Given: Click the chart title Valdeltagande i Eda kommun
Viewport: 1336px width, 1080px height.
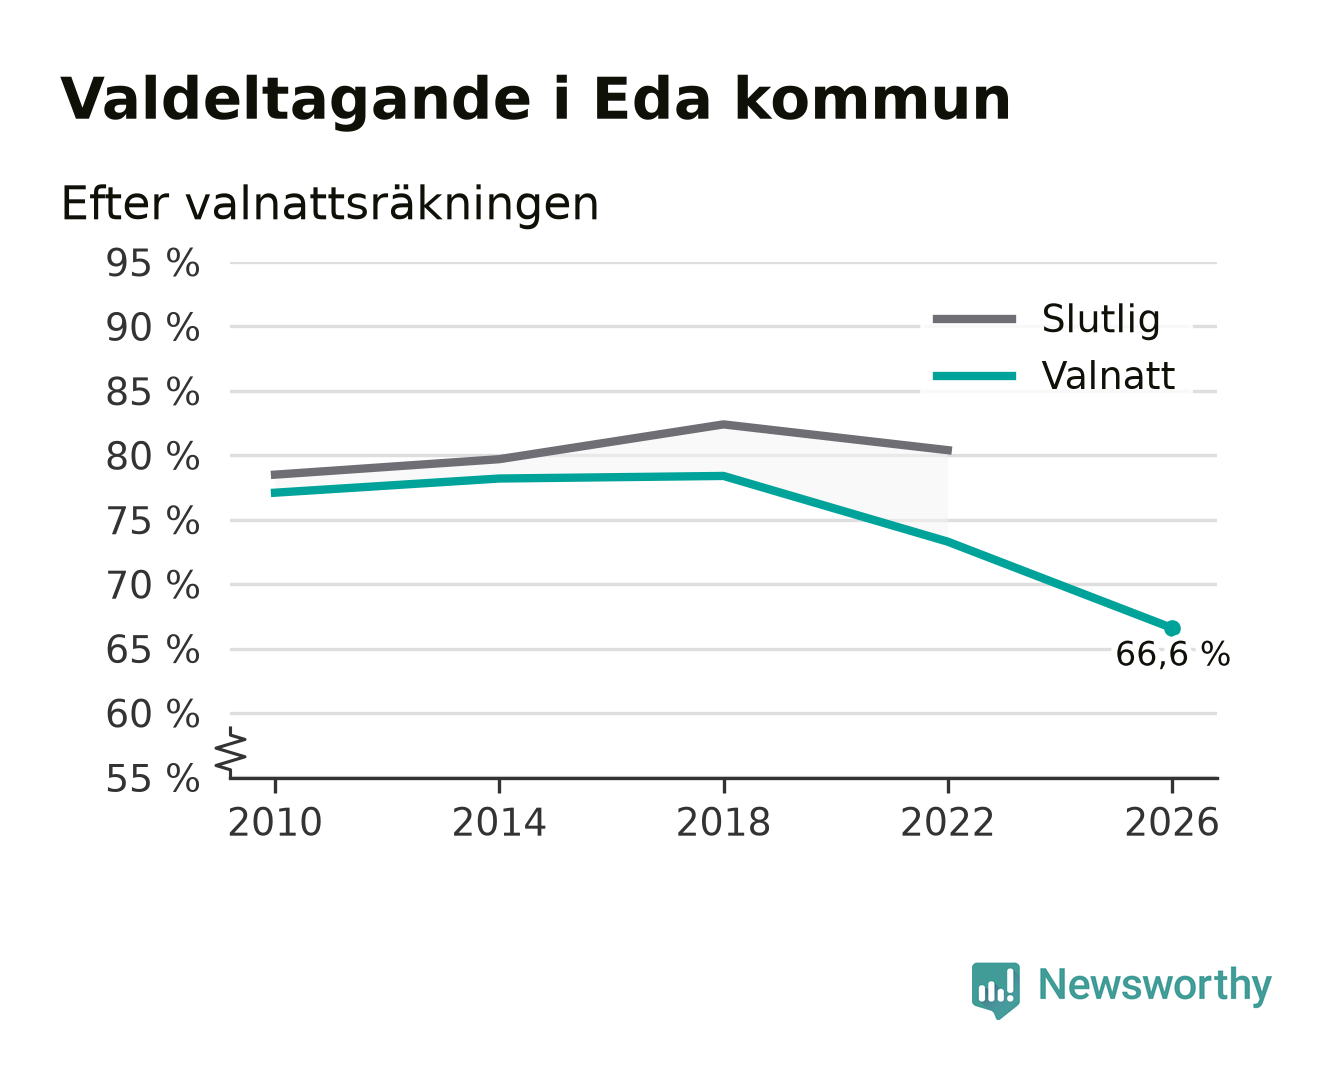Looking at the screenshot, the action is tap(534, 100).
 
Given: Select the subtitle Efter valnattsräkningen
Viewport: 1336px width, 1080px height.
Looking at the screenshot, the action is tap(330, 204).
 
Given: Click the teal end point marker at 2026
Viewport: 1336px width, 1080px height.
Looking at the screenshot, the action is tap(1172, 628).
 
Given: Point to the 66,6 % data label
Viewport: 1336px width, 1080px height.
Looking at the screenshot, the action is tap(1172, 655).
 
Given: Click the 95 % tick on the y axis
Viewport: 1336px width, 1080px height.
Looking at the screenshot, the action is tap(152, 263).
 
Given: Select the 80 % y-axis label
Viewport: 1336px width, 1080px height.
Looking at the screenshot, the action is tap(152, 457).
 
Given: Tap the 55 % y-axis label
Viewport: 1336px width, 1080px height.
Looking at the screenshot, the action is tap(152, 779).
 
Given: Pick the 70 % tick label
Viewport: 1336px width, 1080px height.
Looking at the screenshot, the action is tap(152, 586).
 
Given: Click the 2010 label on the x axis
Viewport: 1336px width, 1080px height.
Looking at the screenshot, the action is tap(275, 823).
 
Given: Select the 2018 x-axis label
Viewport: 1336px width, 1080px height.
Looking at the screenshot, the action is tap(723, 823).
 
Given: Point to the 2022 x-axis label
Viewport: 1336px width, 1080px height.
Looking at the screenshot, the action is tap(947, 823).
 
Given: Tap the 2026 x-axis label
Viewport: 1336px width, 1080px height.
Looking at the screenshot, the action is tap(1172, 823).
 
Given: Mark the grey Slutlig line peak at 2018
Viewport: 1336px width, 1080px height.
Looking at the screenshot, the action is tap(723, 425).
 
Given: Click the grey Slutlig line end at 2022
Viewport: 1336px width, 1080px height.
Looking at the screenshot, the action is tap(951, 450).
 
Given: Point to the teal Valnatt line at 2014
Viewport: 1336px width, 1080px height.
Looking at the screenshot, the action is tap(499, 479).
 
